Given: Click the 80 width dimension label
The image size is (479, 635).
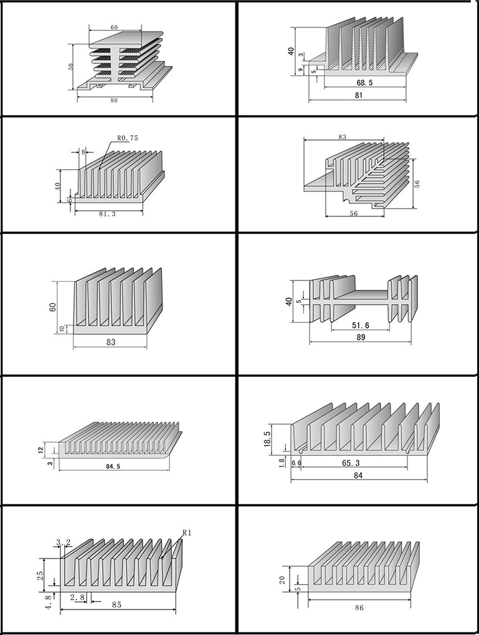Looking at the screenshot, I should tap(113, 100).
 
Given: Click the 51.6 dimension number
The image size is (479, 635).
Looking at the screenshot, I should tap(360, 325).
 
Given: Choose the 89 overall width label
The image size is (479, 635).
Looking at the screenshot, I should tap(360, 337).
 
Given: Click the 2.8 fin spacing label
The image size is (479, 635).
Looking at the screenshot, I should tap(77, 598).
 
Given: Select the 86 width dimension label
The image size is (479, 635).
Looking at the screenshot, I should tap(358, 607).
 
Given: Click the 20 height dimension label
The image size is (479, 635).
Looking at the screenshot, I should tap(283, 580).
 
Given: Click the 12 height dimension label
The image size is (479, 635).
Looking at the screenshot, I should tap(42, 450).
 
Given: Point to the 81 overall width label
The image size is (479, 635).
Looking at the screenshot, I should tap(358, 96).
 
